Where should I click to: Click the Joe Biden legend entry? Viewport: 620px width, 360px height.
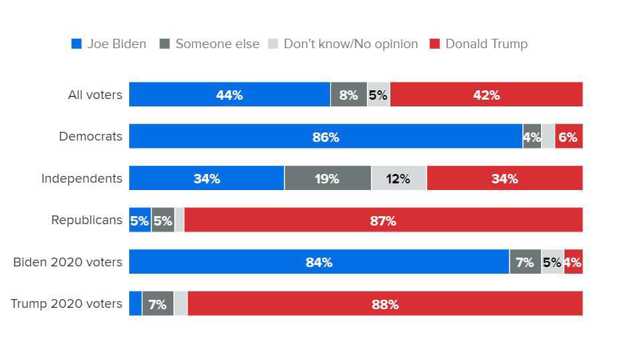(108, 44)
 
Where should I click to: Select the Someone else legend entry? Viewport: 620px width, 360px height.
(210, 44)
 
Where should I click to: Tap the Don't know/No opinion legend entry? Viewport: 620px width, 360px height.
(343, 44)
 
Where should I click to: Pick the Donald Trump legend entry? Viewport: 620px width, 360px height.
(478, 44)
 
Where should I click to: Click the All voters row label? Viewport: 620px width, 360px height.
(95, 95)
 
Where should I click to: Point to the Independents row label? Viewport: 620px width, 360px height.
(82, 179)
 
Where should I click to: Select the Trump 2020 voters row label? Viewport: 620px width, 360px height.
(66, 304)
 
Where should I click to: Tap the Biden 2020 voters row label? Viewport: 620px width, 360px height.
(68, 262)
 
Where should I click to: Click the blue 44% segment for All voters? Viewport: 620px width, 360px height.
(229, 95)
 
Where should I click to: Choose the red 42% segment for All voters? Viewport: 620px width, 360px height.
(486, 95)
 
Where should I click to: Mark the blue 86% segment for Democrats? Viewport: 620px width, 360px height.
(325, 137)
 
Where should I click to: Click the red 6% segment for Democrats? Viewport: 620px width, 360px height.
(568, 137)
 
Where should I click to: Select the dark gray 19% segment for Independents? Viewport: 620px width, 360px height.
(327, 179)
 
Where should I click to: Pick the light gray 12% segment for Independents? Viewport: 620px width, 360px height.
(398, 179)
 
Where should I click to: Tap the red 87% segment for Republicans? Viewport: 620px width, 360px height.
(383, 221)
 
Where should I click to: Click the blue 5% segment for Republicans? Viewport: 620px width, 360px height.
(139, 221)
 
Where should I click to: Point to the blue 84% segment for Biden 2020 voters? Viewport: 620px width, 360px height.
(319, 262)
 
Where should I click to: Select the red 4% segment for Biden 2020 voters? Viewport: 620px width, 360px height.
(573, 262)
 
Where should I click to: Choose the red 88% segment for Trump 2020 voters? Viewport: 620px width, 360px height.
(385, 304)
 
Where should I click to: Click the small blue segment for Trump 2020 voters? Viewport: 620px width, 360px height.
(135, 304)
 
